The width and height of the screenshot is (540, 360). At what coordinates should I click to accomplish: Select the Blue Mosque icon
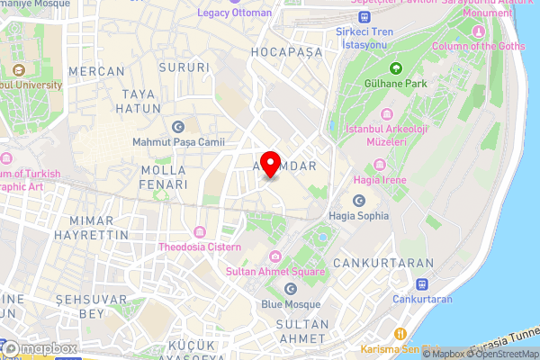[x=291, y=288]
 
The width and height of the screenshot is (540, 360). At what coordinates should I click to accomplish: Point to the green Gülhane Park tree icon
[x=395, y=68]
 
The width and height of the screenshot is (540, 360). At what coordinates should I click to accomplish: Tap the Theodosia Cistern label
[x=200, y=247]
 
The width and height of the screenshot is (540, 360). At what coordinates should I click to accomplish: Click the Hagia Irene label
[x=381, y=180]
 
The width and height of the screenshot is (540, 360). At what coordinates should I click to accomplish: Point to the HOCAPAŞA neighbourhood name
[x=287, y=52]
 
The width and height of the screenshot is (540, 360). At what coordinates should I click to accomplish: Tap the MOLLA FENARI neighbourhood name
[x=164, y=176]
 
